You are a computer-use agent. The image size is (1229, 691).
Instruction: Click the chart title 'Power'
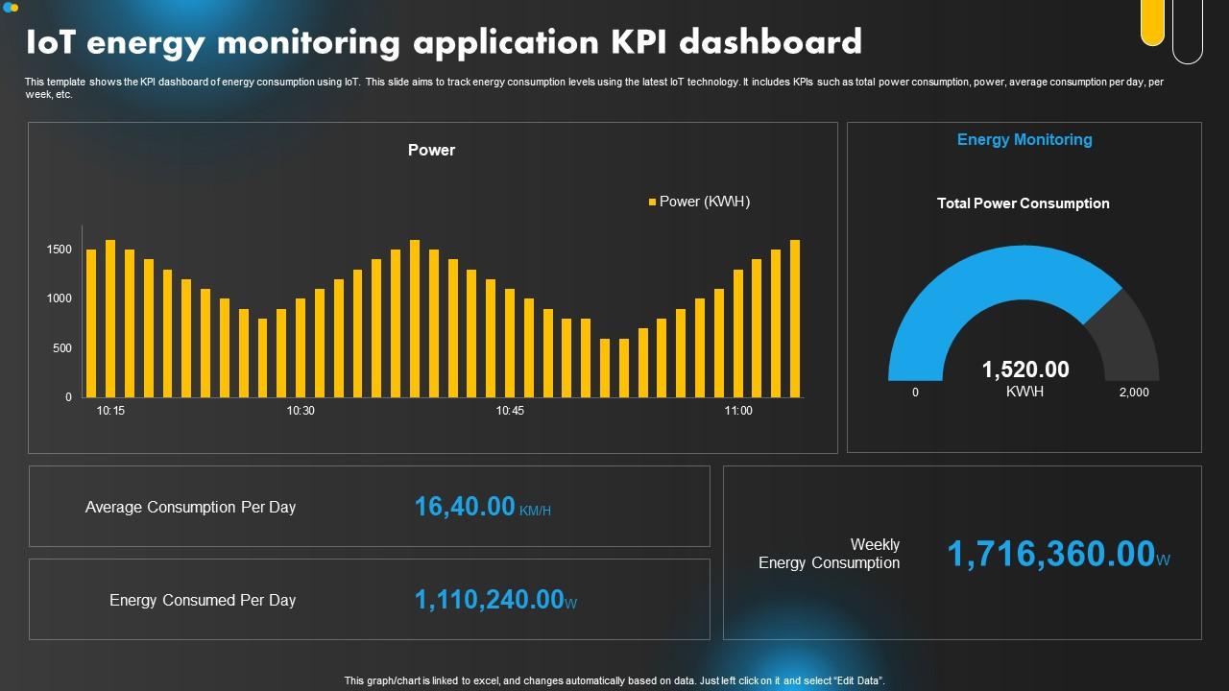tap(431, 150)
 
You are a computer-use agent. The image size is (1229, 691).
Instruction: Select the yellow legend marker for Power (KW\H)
tap(652, 202)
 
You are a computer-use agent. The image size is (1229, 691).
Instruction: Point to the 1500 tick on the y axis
tap(60, 250)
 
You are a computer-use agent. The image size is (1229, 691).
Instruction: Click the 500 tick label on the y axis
tap(61, 348)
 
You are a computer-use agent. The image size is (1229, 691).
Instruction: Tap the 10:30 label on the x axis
tap(301, 411)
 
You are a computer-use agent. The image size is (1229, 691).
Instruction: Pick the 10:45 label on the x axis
tap(510, 411)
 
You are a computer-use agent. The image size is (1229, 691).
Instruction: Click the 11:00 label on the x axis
tap(738, 411)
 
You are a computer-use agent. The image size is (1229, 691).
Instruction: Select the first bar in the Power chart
tap(91, 322)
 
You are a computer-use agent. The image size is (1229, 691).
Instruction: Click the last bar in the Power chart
tap(795, 318)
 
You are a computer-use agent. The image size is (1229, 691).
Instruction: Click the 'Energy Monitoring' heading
tap(1024, 140)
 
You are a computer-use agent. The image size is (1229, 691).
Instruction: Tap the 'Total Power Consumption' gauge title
tap(1023, 203)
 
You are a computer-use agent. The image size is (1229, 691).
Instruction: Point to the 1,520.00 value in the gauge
tap(1024, 369)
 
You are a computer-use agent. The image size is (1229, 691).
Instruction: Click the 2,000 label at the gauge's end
tap(1133, 393)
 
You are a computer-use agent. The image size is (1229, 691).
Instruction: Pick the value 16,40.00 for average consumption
tap(465, 507)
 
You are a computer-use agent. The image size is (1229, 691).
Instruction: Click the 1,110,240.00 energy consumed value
tap(489, 600)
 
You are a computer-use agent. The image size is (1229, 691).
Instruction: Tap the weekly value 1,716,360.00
tap(1050, 555)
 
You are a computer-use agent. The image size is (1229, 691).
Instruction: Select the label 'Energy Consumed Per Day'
tap(203, 601)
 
